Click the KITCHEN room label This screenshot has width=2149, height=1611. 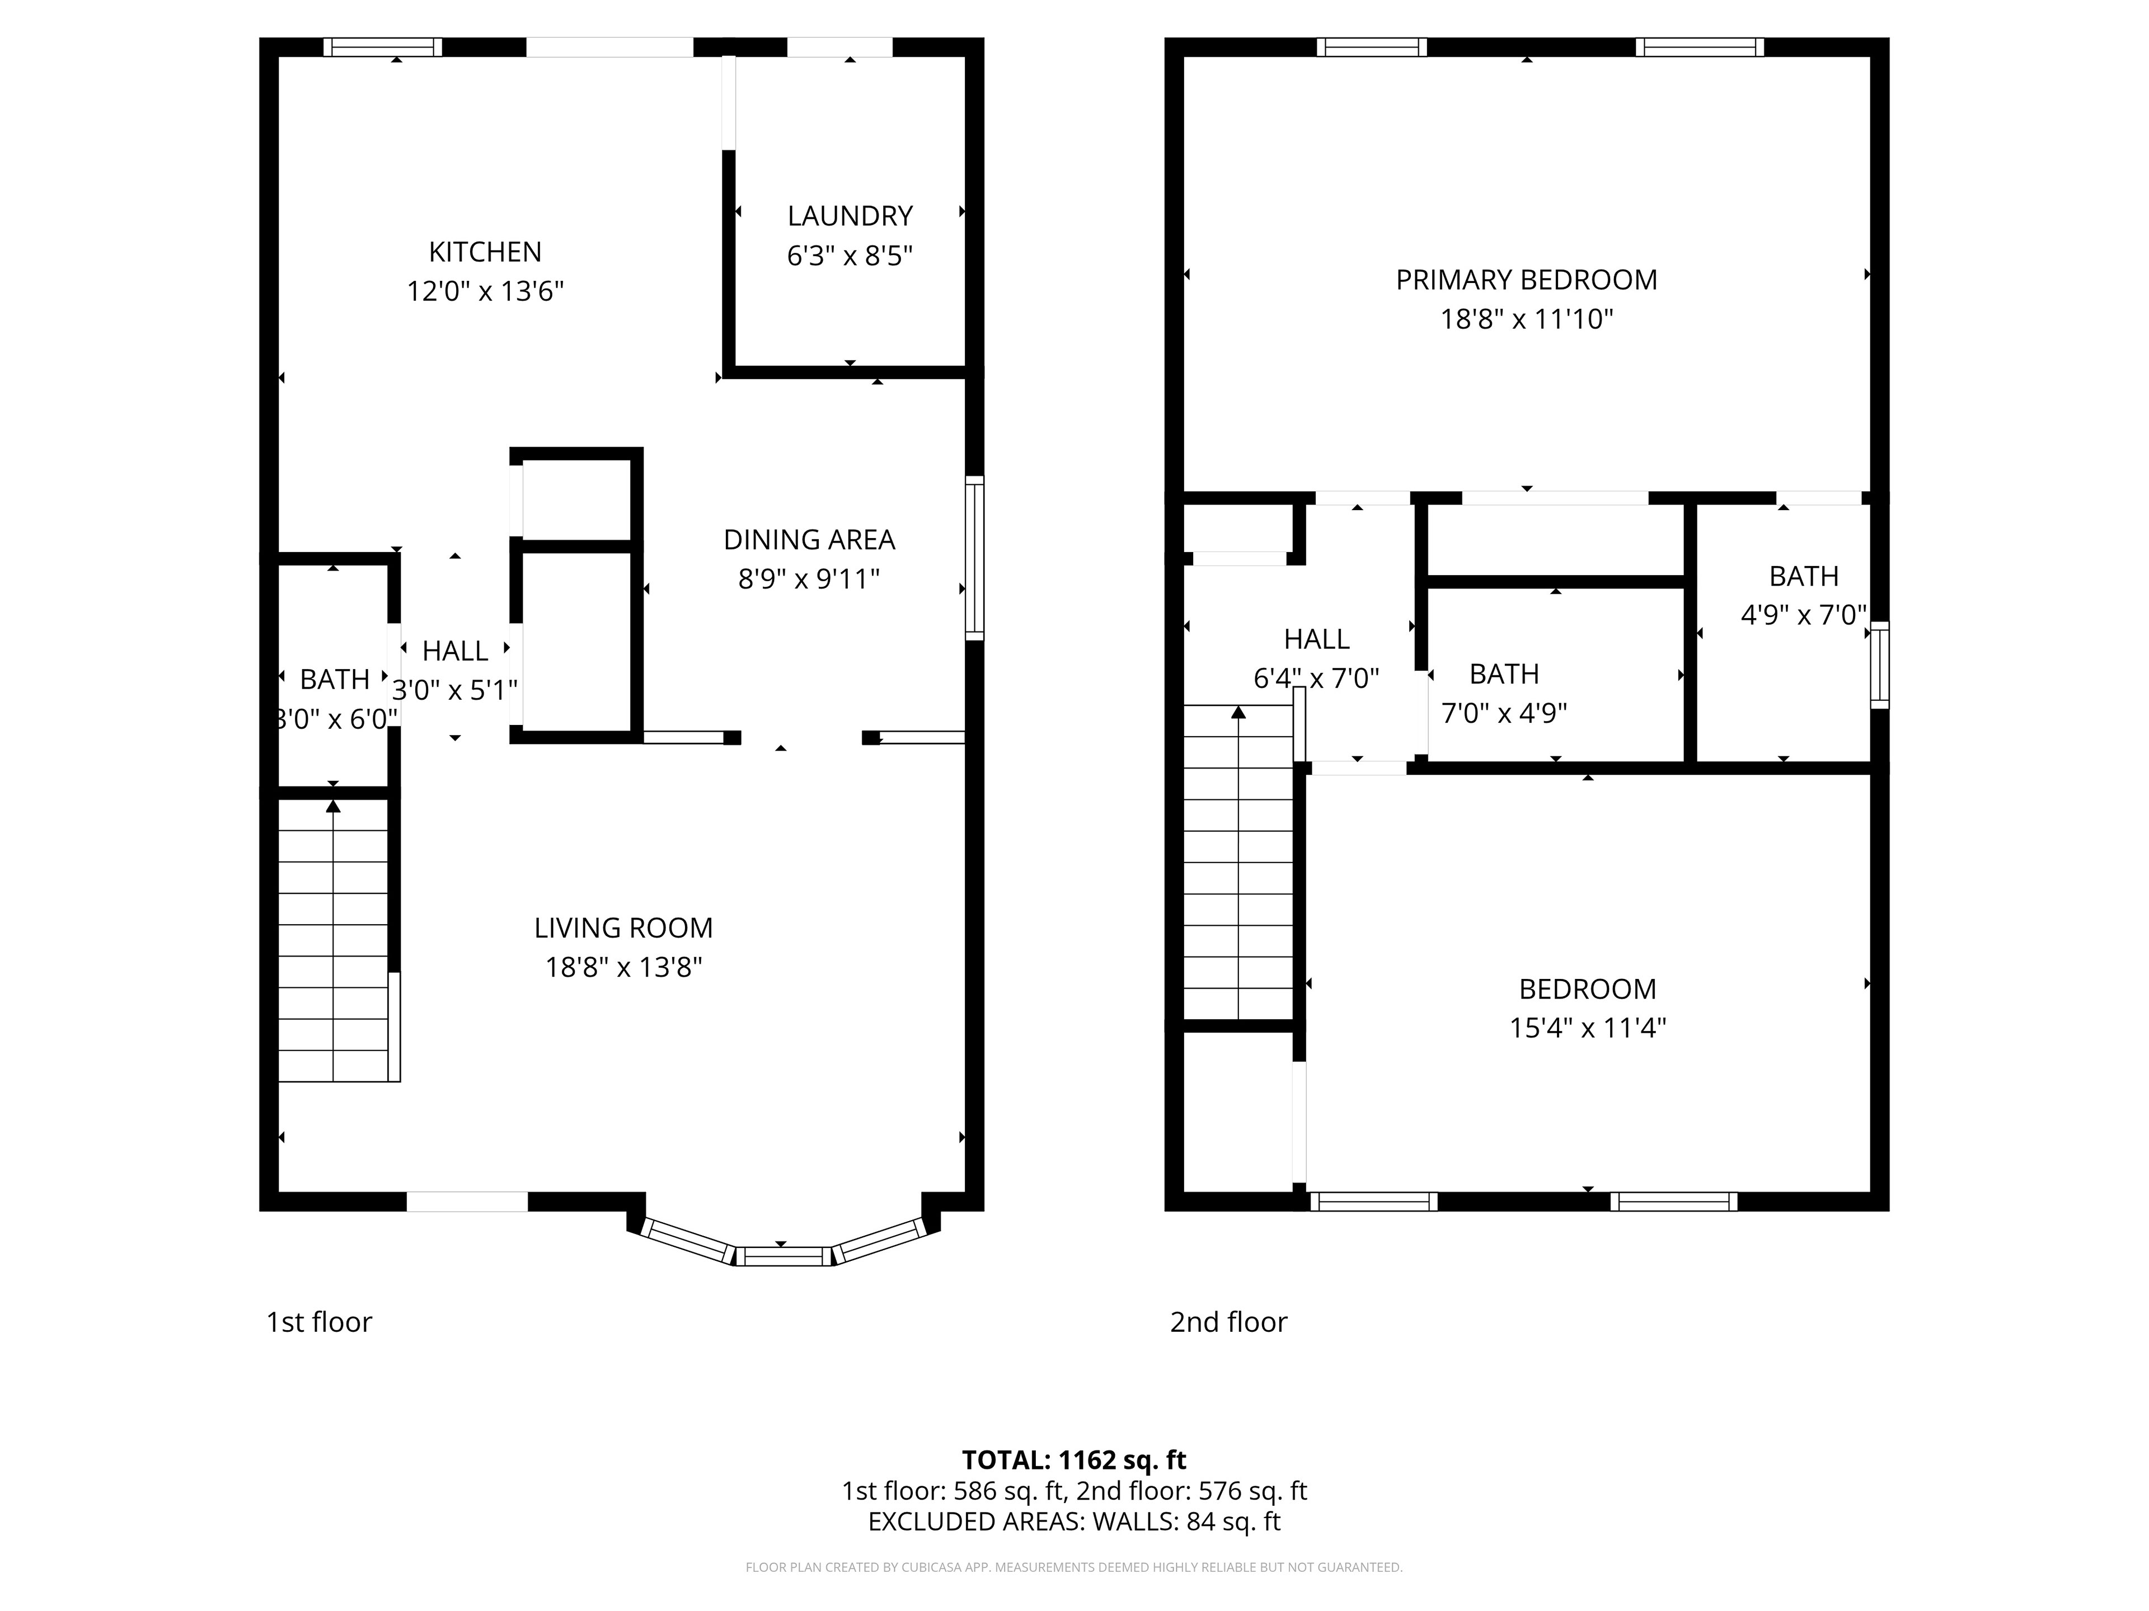click(x=485, y=252)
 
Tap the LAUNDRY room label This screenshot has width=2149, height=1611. click(x=850, y=215)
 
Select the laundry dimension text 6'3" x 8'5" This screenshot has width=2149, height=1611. click(x=850, y=256)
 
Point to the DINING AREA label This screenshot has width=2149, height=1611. click(x=809, y=540)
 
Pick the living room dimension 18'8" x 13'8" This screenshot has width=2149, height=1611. click(x=624, y=967)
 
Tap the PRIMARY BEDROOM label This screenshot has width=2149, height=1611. click(x=1526, y=280)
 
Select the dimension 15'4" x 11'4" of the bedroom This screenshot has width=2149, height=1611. click(x=1588, y=1028)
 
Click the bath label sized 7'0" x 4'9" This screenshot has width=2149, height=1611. click(x=1504, y=674)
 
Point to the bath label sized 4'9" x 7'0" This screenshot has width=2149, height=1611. click(x=1804, y=576)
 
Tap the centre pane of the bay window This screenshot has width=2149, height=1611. click(x=783, y=1256)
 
